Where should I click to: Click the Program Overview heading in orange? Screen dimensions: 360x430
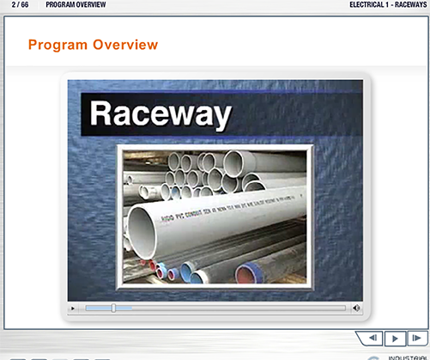pos(93,44)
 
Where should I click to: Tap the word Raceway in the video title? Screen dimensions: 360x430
pos(161,113)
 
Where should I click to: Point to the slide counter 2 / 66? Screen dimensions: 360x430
pos(20,5)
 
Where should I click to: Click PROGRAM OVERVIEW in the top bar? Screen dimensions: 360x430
pos(77,5)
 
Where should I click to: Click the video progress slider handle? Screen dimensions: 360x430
pos(113,307)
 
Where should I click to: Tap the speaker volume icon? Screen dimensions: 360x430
pos(355,307)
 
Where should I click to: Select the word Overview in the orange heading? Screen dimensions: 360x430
pos(126,44)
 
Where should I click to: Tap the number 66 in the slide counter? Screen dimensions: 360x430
pos(26,5)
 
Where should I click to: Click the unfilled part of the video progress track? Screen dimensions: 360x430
pos(232,307)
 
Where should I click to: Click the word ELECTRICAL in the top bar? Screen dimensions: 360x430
pos(368,5)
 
